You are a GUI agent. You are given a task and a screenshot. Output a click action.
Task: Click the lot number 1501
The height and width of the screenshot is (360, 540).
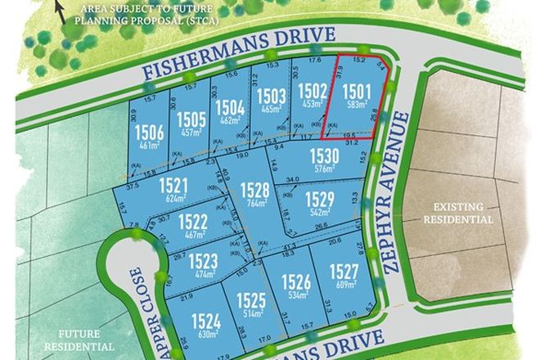358,92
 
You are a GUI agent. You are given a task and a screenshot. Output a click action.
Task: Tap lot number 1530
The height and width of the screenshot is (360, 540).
324,156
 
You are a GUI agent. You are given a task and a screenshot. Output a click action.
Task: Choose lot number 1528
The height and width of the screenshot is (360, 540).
255,191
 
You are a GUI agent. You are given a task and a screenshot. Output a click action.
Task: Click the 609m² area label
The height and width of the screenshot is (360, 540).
345,285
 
